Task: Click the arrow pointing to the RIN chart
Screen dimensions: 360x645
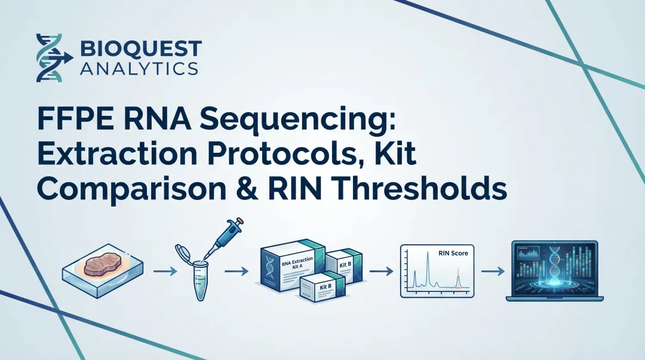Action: pyautogui.click(x=379, y=271)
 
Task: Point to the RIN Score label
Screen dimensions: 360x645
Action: pyautogui.click(x=453, y=253)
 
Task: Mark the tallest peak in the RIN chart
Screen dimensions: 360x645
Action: pyautogui.click(x=428, y=263)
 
